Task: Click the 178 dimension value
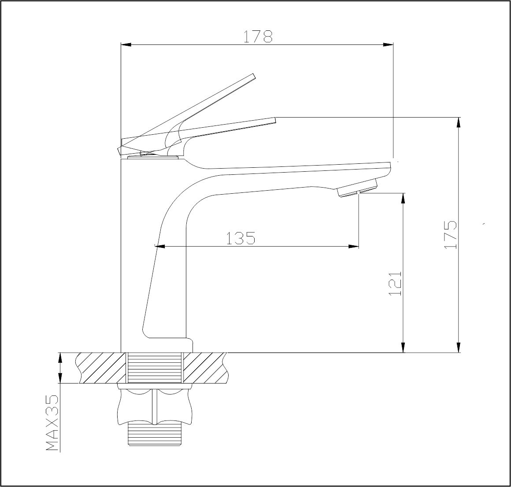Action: point(258,37)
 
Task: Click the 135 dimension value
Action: point(241,238)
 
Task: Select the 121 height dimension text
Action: point(395,283)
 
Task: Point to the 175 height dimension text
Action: point(450,235)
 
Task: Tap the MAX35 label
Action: point(52,423)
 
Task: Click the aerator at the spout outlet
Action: point(358,188)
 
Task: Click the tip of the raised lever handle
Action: point(254,76)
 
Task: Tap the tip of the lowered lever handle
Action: point(276,120)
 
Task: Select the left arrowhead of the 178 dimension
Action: point(126,44)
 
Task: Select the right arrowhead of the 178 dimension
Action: point(388,44)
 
